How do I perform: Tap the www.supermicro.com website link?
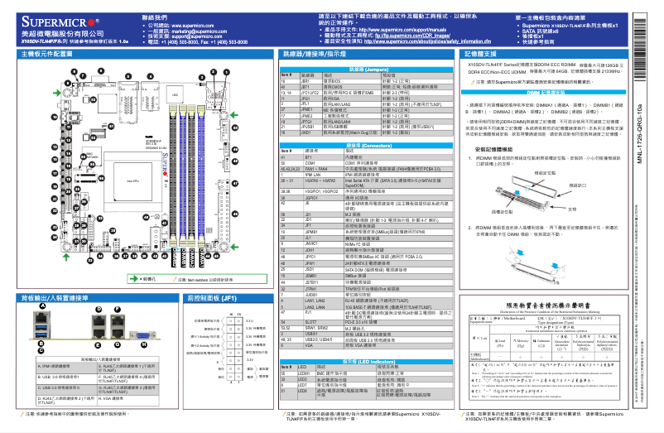(193, 26)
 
